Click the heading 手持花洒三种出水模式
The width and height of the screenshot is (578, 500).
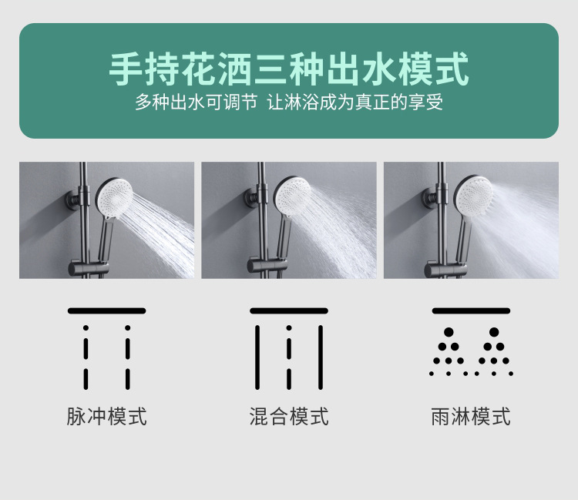(x=289, y=69)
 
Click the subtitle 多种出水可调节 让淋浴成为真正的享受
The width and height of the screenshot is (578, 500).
(x=289, y=102)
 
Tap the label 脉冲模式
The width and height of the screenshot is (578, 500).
(x=106, y=416)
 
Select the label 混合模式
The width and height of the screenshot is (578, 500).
(x=289, y=416)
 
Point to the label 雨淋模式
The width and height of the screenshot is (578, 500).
(x=471, y=416)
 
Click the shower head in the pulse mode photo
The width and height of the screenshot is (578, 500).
(x=114, y=198)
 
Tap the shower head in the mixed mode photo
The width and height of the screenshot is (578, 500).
(x=292, y=197)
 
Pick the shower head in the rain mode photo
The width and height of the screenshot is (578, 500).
(x=473, y=196)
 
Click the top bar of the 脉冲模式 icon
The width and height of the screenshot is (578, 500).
(x=106, y=310)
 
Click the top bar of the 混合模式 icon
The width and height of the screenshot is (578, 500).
(x=289, y=310)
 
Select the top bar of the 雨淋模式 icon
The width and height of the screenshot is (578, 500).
(x=471, y=310)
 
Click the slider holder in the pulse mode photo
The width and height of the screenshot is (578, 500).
(x=89, y=268)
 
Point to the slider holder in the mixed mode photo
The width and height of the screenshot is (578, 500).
(x=267, y=266)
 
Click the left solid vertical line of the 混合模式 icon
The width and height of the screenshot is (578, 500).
(x=257, y=357)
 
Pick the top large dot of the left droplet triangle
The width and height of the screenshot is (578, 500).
(x=449, y=332)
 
